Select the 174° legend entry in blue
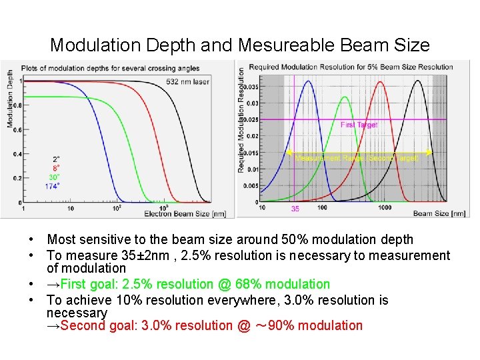point(52,185)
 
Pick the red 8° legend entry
point(56,168)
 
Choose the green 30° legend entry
point(54,177)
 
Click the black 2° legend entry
point(56,159)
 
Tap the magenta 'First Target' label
point(359,125)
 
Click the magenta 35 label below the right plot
point(295,209)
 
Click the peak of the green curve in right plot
point(343,97)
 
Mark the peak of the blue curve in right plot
point(308,81)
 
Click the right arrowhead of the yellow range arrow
point(430,153)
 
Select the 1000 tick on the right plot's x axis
point(384,207)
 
